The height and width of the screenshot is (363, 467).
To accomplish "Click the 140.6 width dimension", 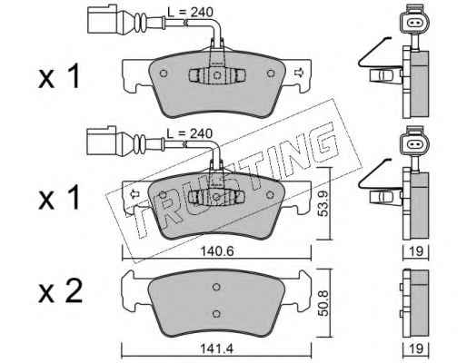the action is coord(217,251).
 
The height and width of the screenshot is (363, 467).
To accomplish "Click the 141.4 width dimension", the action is coord(216,348).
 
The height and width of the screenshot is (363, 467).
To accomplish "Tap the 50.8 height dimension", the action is coord(323,303).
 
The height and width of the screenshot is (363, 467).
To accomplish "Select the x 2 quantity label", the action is coord(60,291).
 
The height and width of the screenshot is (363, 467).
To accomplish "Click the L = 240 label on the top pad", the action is coord(191,13).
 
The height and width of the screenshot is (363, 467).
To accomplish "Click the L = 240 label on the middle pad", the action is coord(190,133).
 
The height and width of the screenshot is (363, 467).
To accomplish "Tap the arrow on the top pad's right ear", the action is coord(299,73).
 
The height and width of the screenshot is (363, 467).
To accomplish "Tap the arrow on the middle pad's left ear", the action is coord(134,194).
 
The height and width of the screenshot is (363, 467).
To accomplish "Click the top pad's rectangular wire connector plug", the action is coord(102,20).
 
